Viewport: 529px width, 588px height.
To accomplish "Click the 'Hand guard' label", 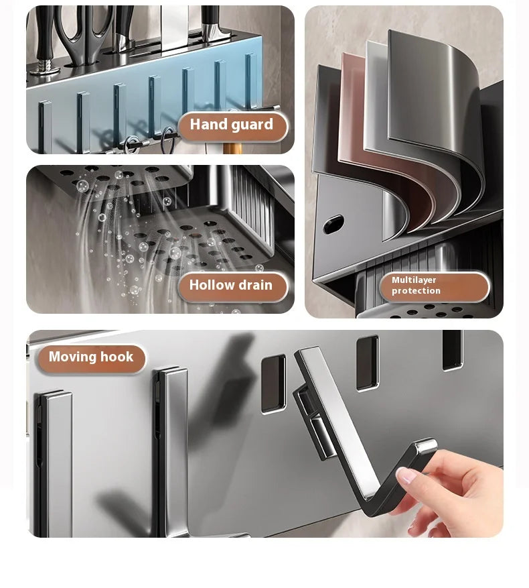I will [x=231, y=125].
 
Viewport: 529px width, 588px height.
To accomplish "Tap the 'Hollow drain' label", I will [x=231, y=286].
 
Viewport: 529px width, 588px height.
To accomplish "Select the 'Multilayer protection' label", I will [x=433, y=286].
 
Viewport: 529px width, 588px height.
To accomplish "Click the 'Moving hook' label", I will [x=91, y=357].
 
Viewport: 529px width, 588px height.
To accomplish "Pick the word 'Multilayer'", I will [x=414, y=280].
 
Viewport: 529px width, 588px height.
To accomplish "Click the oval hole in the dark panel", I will [x=333, y=224].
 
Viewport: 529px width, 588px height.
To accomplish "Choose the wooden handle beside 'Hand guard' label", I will [x=231, y=145].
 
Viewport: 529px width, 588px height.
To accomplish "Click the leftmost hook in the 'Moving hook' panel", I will [x=54, y=463].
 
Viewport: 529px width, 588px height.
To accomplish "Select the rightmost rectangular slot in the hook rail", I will [x=452, y=349].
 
